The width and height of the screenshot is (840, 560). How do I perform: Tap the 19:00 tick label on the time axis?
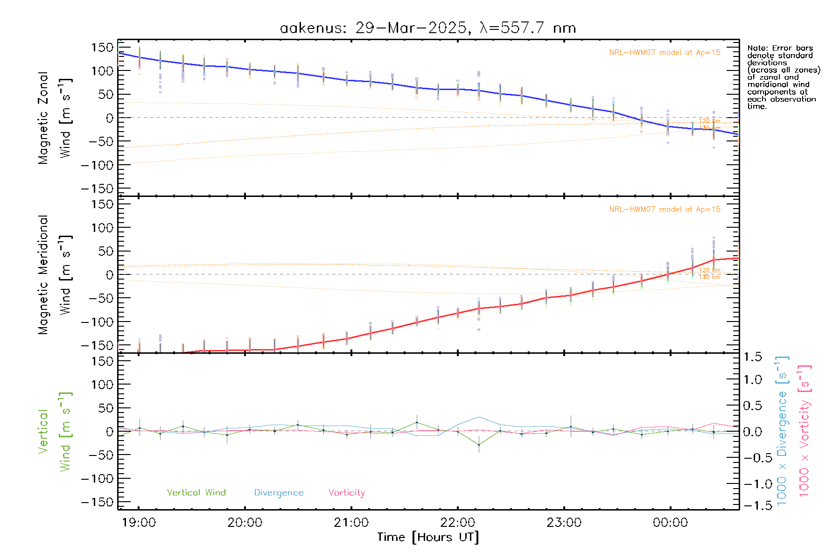[x=139, y=523]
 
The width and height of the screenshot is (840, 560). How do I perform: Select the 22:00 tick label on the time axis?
[x=458, y=523]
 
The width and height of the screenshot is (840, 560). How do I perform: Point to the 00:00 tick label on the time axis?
[x=670, y=523]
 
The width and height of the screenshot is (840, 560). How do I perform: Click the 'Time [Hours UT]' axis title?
[x=428, y=537]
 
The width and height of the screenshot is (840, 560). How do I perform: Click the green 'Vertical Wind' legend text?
[x=196, y=493]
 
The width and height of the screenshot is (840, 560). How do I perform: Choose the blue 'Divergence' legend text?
[x=279, y=493]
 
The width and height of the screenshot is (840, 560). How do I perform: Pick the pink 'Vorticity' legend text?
[x=346, y=493]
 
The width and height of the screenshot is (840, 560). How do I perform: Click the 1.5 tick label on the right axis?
[x=753, y=357]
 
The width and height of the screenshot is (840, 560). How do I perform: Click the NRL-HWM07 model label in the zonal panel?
[x=665, y=53]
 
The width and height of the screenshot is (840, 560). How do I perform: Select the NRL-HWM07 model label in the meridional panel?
[x=665, y=210]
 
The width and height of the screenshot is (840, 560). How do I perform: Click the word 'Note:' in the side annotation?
[x=756, y=48]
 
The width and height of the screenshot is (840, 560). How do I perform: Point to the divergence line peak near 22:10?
[x=479, y=417]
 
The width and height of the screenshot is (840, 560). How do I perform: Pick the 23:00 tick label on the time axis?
[x=564, y=523]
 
